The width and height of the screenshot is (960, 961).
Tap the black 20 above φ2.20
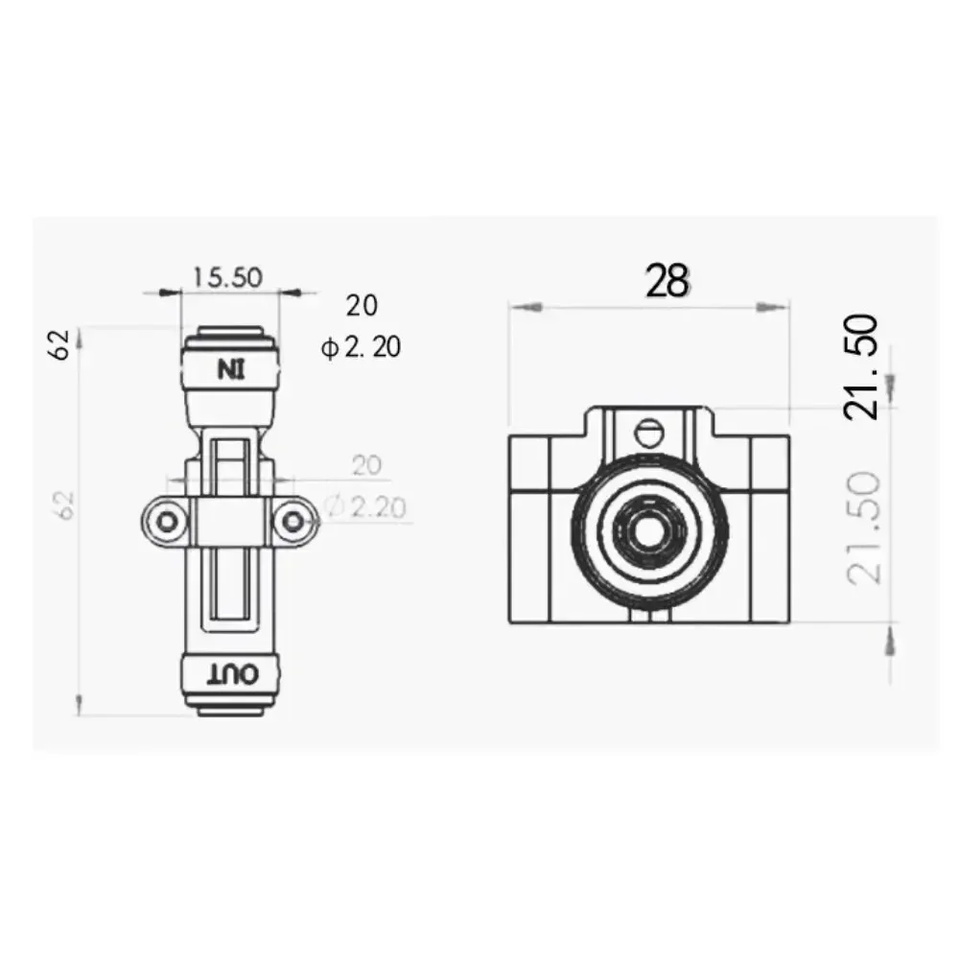point(362,306)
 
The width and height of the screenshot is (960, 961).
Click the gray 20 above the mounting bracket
point(365,466)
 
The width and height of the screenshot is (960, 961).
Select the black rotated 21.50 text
point(861,366)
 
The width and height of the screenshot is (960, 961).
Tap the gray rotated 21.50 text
point(861,527)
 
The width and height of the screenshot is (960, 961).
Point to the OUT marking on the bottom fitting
point(230,675)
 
